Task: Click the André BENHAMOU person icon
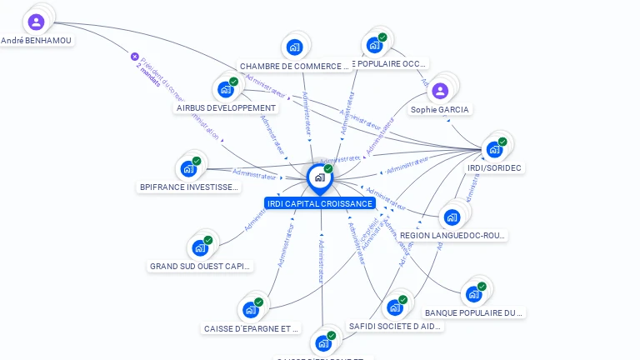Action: [36, 22]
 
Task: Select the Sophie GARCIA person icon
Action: [441, 91]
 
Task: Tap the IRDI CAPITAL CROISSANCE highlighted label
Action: [320, 203]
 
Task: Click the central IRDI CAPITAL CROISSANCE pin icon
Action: [319, 177]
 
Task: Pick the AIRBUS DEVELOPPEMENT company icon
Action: [226, 89]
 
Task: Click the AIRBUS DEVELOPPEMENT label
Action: [227, 107]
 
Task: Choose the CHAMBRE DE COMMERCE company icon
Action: [293, 47]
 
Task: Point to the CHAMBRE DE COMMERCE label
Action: [294, 66]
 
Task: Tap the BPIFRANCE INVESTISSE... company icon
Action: [189, 168]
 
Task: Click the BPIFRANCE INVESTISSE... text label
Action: [190, 187]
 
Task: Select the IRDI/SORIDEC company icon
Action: [495, 149]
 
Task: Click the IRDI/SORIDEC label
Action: [495, 167]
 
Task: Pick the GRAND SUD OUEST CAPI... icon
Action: [200, 247]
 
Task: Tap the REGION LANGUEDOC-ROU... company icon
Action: [452, 217]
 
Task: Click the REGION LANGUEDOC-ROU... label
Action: [452, 236]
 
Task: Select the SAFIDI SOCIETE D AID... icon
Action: [395, 307]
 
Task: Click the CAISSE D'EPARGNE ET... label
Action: [252, 328]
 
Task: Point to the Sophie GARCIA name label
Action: [440, 109]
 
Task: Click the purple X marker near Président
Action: [135, 57]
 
